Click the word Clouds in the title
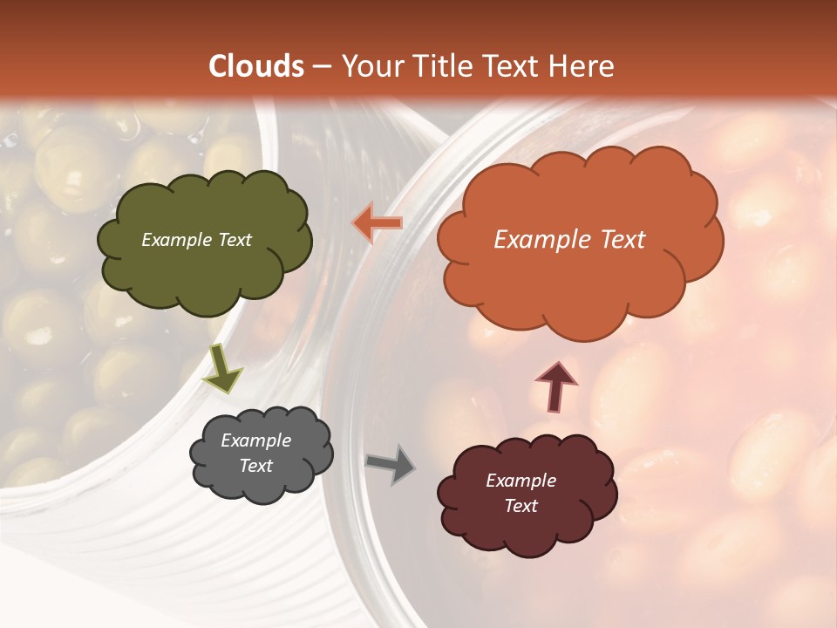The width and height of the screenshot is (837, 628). (256, 66)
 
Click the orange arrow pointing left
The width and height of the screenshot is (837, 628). (378, 223)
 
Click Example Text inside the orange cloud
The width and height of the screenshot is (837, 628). (569, 240)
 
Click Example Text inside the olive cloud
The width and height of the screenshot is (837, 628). (196, 240)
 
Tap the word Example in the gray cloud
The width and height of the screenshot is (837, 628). (255, 440)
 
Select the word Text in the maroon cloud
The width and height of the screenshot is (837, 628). (521, 506)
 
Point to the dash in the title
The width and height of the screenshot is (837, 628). (322, 67)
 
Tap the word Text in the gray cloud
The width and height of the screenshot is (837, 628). (255, 466)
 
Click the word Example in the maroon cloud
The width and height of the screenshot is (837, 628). (521, 481)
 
